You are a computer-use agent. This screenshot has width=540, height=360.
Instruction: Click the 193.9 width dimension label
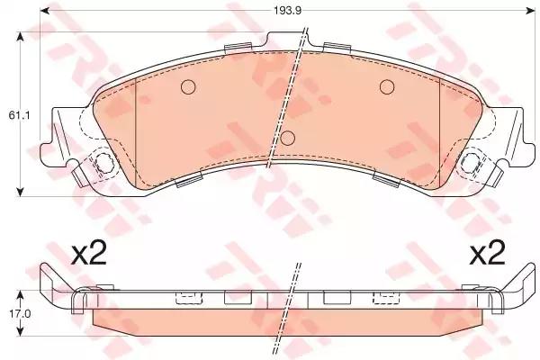tap(288, 11)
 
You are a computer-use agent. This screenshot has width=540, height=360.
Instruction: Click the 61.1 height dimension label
tap(19, 116)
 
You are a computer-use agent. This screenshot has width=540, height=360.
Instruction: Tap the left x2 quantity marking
tap(89, 255)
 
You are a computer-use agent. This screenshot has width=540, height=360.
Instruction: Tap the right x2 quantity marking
tap(488, 255)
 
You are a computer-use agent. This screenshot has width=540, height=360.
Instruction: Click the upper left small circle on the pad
tap(188, 86)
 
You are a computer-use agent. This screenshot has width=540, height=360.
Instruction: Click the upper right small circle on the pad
tap(387, 86)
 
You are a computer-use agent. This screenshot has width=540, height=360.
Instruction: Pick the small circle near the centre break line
tap(288, 138)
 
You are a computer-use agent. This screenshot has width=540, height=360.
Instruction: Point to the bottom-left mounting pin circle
tap(103, 162)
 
